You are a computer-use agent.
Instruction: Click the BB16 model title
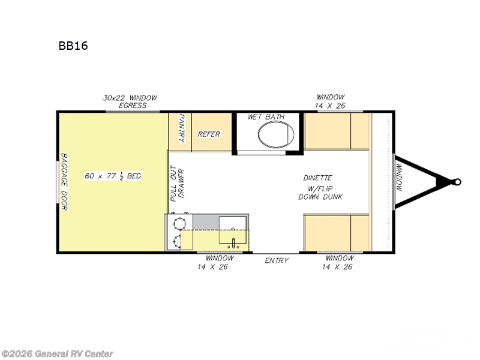(x=73, y=46)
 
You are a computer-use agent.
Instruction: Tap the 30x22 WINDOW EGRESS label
(x=129, y=101)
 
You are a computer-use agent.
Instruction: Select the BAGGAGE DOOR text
(x=64, y=182)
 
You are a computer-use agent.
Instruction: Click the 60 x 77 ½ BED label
(x=113, y=176)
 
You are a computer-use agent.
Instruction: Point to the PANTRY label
(x=180, y=130)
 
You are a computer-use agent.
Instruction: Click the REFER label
(x=209, y=134)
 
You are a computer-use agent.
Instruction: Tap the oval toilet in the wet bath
(x=276, y=135)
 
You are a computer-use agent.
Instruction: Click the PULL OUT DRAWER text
(x=177, y=184)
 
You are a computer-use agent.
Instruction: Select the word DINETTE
(x=317, y=178)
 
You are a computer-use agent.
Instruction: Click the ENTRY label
(x=277, y=260)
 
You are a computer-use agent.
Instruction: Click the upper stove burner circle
(x=178, y=224)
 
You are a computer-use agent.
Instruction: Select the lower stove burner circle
(x=178, y=242)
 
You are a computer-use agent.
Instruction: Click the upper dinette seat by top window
(x=336, y=131)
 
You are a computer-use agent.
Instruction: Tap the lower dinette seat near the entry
(x=336, y=232)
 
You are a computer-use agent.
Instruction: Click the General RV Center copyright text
(x=58, y=354)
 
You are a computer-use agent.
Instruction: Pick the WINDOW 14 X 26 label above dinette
(x=331, y=101)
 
